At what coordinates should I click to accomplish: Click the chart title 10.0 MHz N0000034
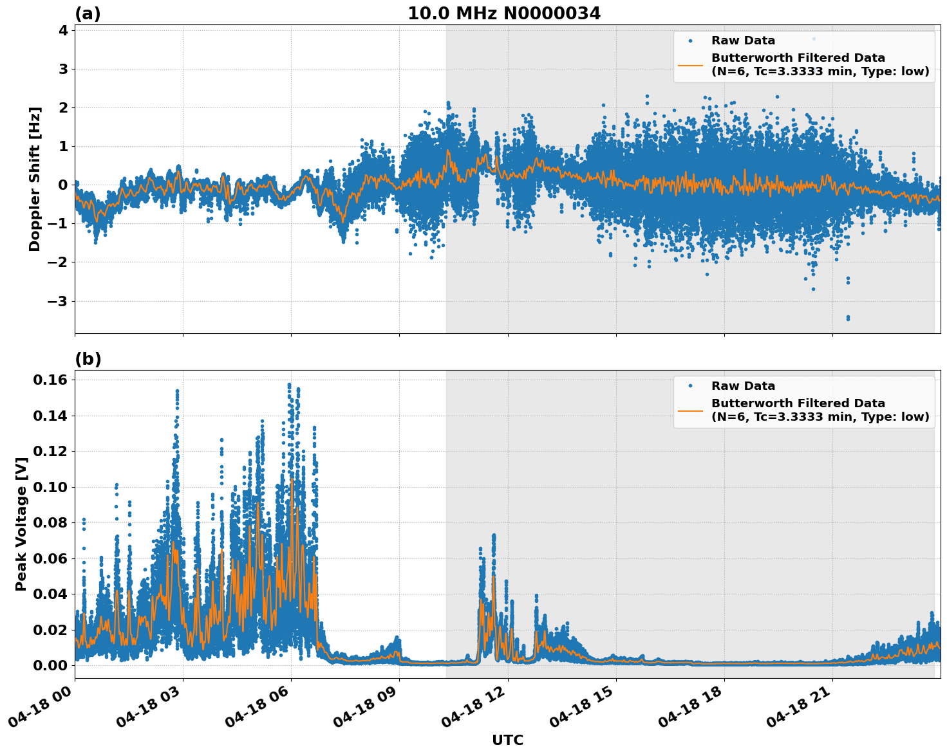tap(503, 14)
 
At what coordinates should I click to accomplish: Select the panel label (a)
tap(88, 14)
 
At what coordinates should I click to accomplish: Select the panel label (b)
tap(88, 359)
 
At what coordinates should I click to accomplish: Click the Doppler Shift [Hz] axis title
tap(35, 179)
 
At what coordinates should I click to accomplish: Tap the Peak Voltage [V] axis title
tap(21, 524)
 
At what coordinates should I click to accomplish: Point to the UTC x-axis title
tap(507, 740)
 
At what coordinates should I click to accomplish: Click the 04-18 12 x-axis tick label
tap(474, 710)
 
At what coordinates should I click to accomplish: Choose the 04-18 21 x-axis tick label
tap(798, 710)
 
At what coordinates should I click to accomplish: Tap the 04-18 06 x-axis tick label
tap(257, 710)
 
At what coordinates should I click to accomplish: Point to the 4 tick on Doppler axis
tap(63, 30)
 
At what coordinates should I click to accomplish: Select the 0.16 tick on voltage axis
tap(50, 380)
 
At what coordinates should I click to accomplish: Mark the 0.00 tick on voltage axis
tap(50, 665)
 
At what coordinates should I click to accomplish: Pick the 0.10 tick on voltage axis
tap(50, 487)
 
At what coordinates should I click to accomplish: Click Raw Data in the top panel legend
tap(743, 41)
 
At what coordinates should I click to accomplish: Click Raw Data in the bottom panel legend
tap(743, 386)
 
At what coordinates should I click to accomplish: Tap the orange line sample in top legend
tap(690, 64)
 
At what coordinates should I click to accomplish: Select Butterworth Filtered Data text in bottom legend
tap(798, 403)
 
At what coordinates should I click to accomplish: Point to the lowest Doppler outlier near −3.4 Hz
tap(847, 318)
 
